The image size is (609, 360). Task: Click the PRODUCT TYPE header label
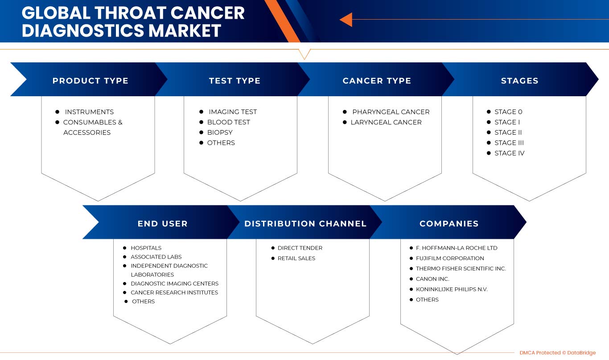pos(90,81)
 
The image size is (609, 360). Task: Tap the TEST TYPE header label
pos(235,81)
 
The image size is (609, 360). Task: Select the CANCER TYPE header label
pos(377,81)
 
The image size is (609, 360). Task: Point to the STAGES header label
pos(519,81)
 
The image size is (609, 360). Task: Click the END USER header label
pos(163,224)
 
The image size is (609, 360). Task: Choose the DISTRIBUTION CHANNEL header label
pos(305,224)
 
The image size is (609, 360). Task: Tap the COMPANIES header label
pos(449,224)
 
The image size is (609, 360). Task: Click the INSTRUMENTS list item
pos(89,112)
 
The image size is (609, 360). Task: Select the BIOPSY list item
pos(220,133)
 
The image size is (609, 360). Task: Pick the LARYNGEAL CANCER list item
pos(386,122)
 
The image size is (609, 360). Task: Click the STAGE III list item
pos(509,143)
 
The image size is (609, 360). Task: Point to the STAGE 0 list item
pos(508,112)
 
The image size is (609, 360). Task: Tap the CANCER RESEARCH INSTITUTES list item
pos(174,293)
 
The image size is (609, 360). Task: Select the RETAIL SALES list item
pos(296,258)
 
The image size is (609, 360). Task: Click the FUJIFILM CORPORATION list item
pos(450,258)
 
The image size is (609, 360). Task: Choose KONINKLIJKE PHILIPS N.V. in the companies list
pos(452,289)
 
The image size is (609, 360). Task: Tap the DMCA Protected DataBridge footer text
pos(558,353)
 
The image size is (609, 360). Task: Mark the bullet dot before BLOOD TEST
pos(201,122)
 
